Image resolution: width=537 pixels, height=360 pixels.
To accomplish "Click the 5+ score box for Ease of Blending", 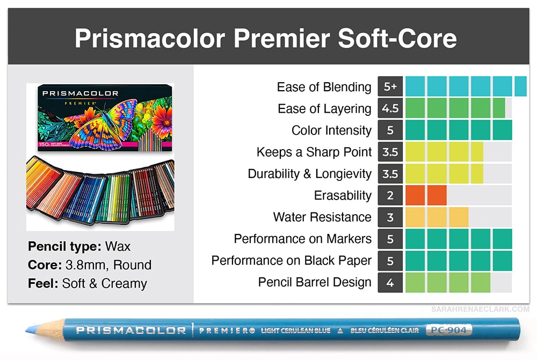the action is pyautogui.click(x=390, y=86).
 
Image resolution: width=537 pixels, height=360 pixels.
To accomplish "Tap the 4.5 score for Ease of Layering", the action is pyautogui.click(x=390, y=108).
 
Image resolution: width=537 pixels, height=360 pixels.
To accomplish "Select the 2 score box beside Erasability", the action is pyautogui.click(x=390, y=195).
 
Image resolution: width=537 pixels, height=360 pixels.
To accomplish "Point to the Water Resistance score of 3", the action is pyautogui.click(x=390, y=217).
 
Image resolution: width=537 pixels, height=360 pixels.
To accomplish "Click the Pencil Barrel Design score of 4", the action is pyautogui.click(x=390, y=283).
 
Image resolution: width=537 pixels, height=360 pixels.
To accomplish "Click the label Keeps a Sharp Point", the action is pyautogui.click(x=314, y=152).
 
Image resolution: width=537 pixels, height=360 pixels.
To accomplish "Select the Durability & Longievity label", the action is pyautogui.click(x=310, y=174).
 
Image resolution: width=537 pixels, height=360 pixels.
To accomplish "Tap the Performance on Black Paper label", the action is pyautogui.click(x=292, y=261).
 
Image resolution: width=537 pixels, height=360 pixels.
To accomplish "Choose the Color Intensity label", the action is pyautogui.click(x=331, y=130).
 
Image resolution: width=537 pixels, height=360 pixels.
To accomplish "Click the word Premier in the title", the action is pyautogui.click(x=281, y=38).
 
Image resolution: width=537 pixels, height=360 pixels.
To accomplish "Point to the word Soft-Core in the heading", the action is pyautogui.click(x=397, y=38).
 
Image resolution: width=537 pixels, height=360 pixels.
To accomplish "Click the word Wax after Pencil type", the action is pyautogui.click(x=118, y=246).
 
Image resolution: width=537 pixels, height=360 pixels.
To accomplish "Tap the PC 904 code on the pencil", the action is pyautogui.click(x=448, y=330).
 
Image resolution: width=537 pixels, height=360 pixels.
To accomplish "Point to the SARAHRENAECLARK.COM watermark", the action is pyautogui.click(x=480, y=310).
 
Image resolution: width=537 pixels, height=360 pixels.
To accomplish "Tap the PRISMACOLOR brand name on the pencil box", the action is pyautogui.click(x=80, y=93).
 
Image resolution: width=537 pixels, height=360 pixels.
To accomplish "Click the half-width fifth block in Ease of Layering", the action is pyautogui.click(x=499, y=108).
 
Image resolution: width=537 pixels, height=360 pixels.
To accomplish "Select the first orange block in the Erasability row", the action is pyautogui.click(x=415, y=195).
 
